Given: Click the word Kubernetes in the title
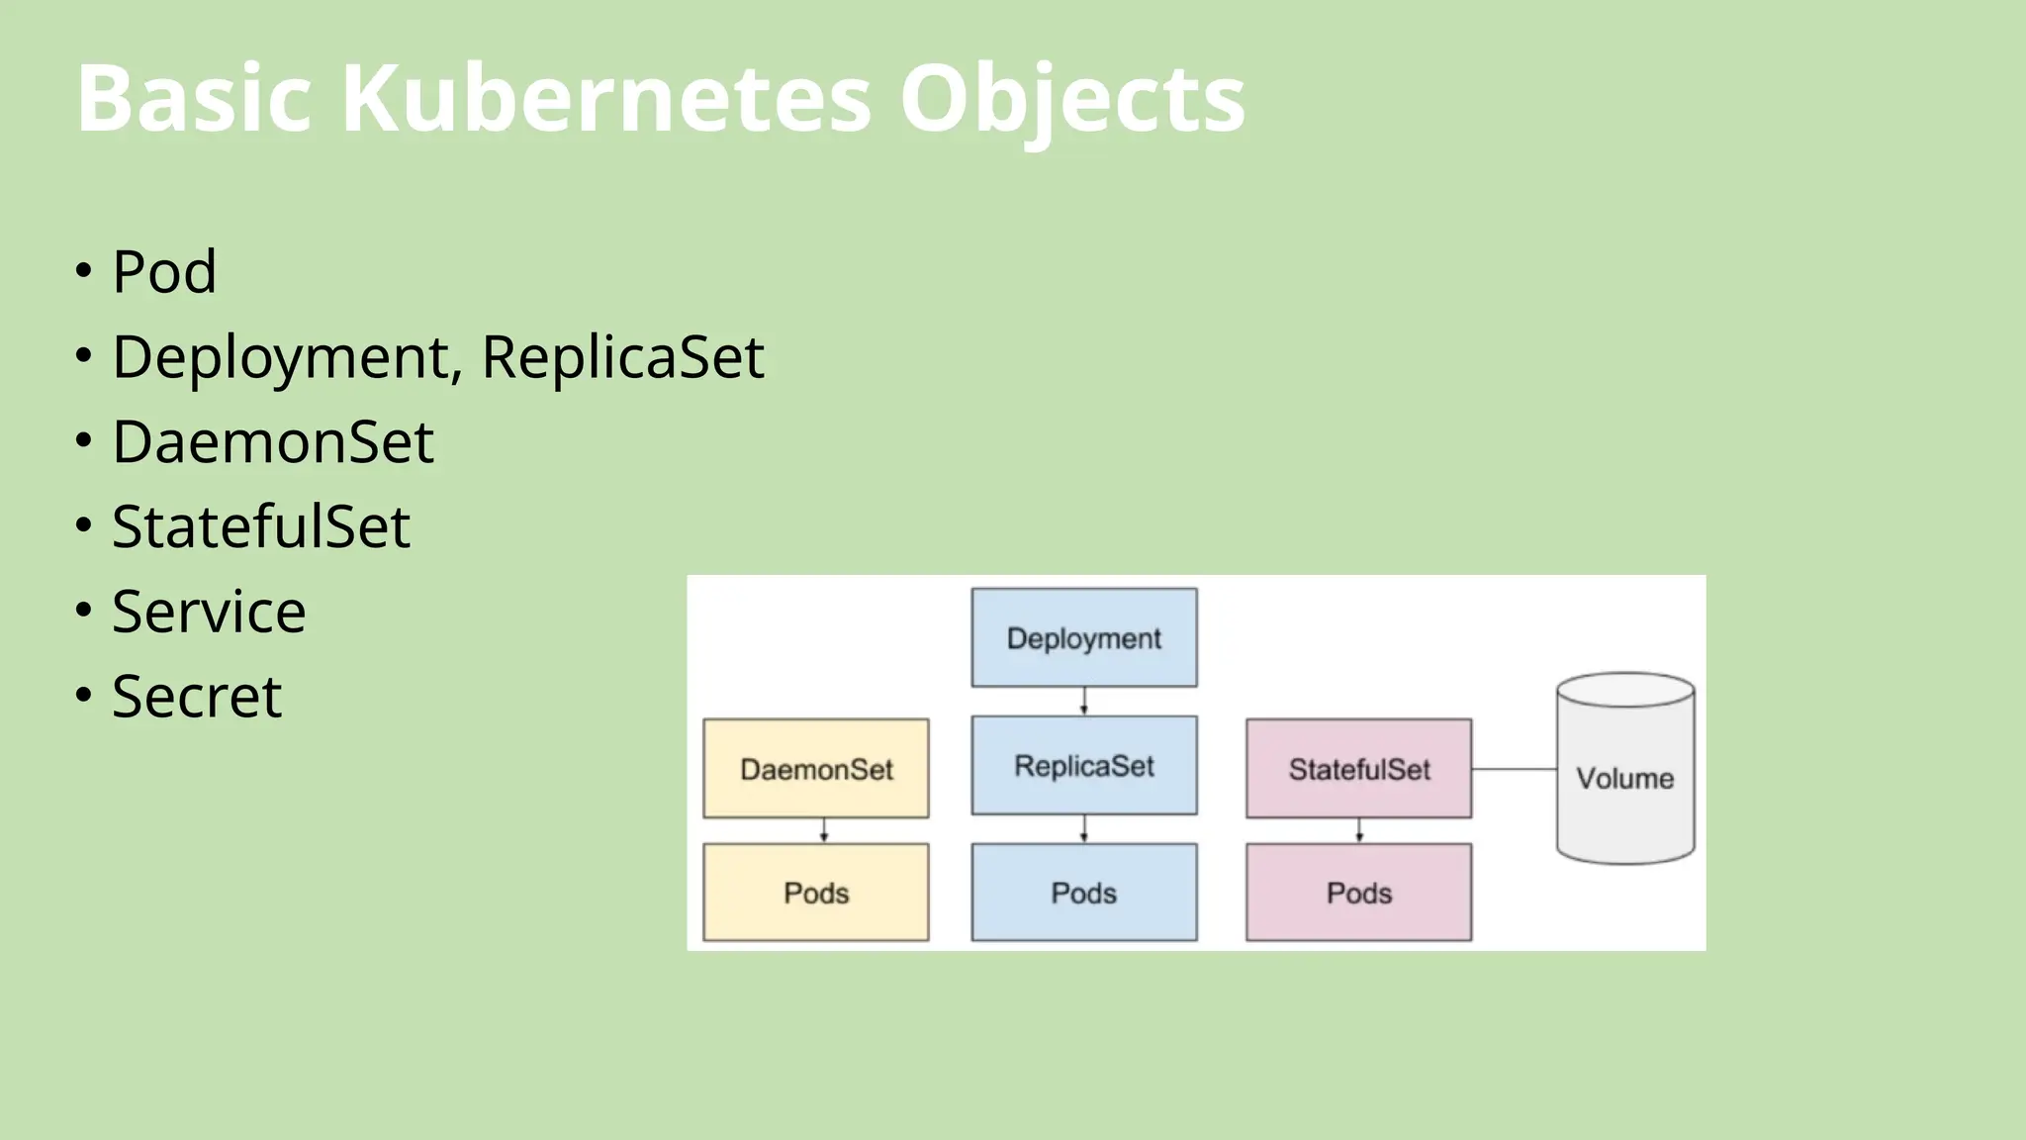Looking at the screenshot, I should (x=605, y=99).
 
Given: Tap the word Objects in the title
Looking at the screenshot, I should (x=1071, y=99).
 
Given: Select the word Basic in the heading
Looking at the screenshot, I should (x=194, y=99).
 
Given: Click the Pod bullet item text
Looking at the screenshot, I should (x=164, y=271).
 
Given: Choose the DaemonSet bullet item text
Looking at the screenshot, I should (x=272, y=441).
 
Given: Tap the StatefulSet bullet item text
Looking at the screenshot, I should (x=260, y=526).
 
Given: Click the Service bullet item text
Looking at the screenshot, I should (x=209, y=612).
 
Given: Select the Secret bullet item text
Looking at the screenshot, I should (x=197, y=697).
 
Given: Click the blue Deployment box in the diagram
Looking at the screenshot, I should (x=1083, y=637).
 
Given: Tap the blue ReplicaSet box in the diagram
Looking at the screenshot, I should (x=1083, y=765).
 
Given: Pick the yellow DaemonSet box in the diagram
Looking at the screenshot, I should (x=816, y=768).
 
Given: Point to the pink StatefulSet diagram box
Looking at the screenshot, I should (x=1358, y=768).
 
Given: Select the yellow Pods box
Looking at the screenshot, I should (x=816, y=892).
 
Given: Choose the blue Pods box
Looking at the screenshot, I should (x=1083, y=892).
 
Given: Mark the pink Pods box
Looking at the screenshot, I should (x=1358, y=892).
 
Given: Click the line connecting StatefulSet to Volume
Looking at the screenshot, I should (x=1514, y=769).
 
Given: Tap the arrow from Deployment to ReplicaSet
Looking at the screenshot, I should (x=1084, y=701).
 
